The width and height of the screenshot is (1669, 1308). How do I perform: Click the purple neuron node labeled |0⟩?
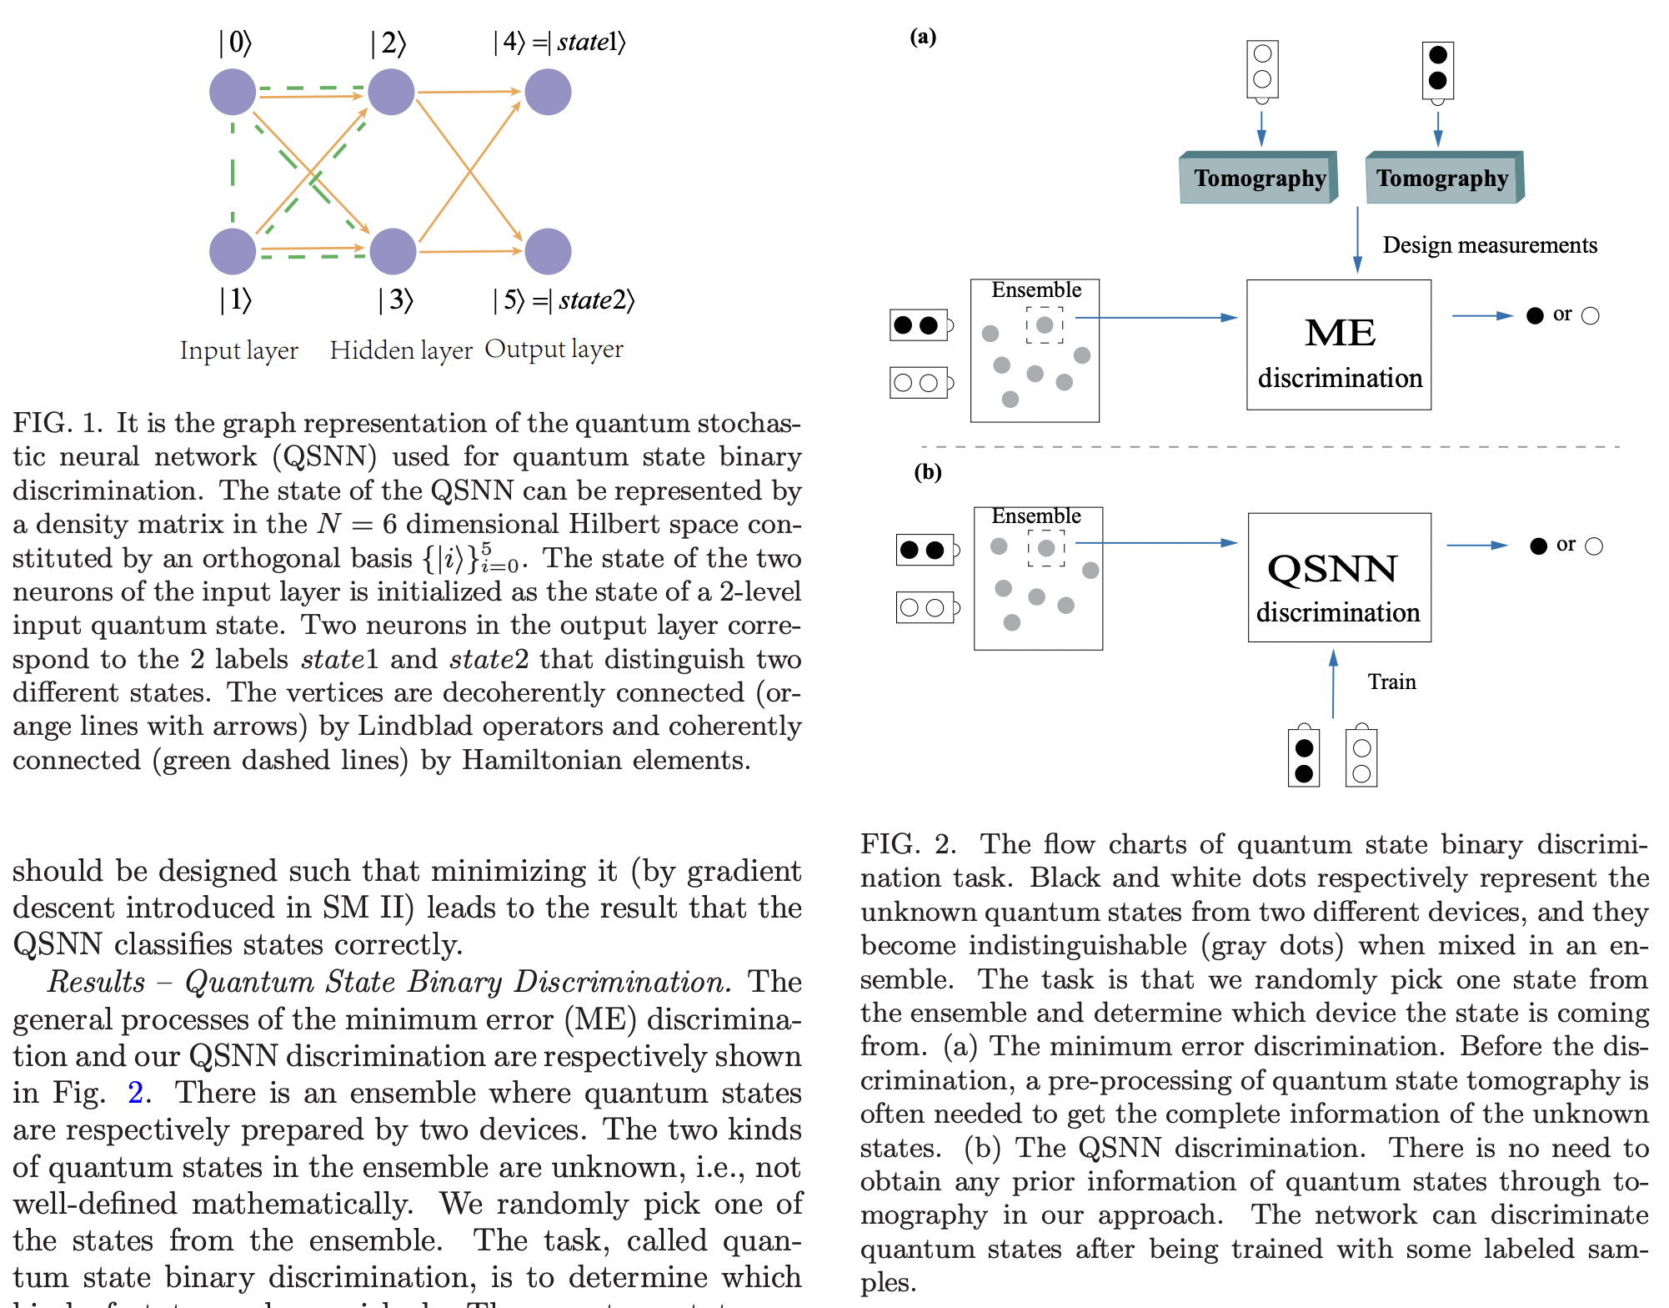click(232, 92)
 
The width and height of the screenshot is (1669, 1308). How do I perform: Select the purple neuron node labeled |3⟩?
click(393, 251)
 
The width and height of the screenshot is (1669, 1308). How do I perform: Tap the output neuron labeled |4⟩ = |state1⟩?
click(548, 92)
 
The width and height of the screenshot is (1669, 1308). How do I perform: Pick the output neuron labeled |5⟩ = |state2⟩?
click(548, 251)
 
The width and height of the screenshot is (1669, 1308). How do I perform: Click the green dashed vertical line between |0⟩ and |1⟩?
click(233, 171)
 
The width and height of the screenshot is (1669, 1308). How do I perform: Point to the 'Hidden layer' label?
click(401, 350)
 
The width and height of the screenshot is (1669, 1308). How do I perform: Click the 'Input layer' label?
click(239, 350)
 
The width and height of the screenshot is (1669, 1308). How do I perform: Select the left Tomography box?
click(1259, 179)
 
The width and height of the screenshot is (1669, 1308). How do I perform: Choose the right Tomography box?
click(1443, 179)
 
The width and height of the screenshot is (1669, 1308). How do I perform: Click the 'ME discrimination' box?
click(1339, 345)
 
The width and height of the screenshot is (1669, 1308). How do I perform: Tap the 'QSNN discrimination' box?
click(1339, 577)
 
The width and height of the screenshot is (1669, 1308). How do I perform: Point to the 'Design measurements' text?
click(1490, 245)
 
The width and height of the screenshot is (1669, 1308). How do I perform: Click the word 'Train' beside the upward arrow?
click(1391, 682)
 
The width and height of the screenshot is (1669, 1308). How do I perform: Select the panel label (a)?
click(923, 37)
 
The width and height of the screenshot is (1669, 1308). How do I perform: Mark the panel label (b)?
click(927, 472)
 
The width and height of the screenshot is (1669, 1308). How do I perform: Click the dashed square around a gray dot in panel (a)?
click(1045, 325)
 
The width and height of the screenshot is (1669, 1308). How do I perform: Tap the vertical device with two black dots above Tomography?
click(1437, 68)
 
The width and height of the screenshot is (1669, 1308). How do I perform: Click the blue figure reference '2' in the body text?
click(135, 1093)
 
